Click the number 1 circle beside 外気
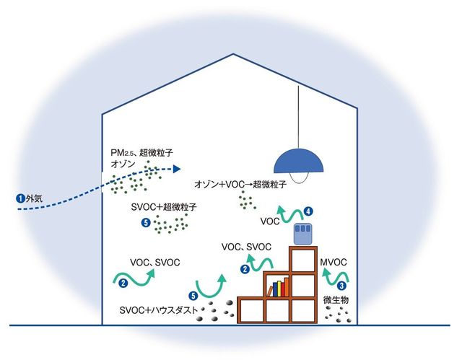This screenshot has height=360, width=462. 19,196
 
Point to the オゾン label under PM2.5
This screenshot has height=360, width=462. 119,165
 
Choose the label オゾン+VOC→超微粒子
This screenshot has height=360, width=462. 240,185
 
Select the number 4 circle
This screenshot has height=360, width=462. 308,212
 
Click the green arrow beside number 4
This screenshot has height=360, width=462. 293,214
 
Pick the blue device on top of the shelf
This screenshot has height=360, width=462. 302,234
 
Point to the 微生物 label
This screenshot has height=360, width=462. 335,298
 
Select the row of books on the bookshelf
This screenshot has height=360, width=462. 278,289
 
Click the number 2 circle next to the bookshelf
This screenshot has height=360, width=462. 245,269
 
